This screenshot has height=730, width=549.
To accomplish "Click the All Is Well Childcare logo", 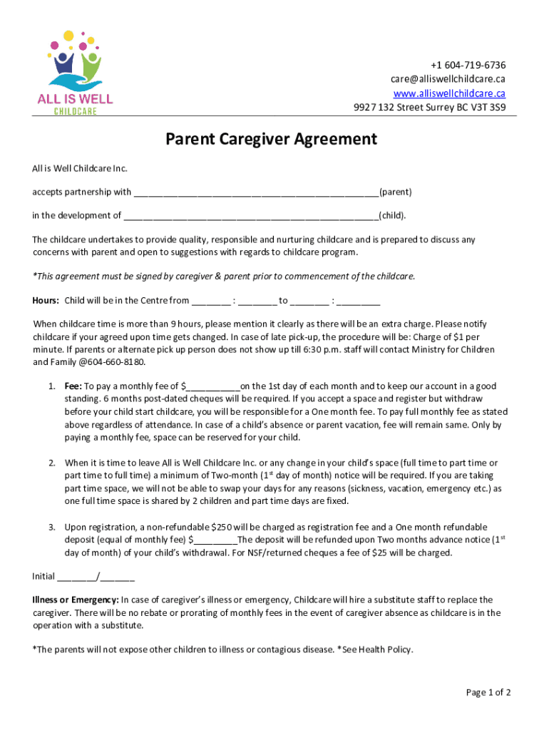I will coord(76,73).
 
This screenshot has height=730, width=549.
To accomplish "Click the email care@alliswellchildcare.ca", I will coord(448,79).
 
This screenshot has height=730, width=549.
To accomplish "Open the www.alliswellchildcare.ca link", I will coord(449,93).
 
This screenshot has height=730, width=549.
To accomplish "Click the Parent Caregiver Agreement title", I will coord(271,139).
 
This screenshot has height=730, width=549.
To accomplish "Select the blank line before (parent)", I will coord(256,192).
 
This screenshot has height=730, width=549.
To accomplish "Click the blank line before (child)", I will coord(250,215).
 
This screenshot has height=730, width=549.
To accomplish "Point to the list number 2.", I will coord(52,463).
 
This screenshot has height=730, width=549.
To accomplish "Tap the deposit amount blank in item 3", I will coord(215,540).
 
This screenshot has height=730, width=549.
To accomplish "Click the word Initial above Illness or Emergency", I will coord(43,576).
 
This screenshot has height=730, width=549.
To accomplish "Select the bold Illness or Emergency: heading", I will coord(76,600).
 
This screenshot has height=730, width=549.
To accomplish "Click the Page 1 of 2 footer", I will coord(488,692).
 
